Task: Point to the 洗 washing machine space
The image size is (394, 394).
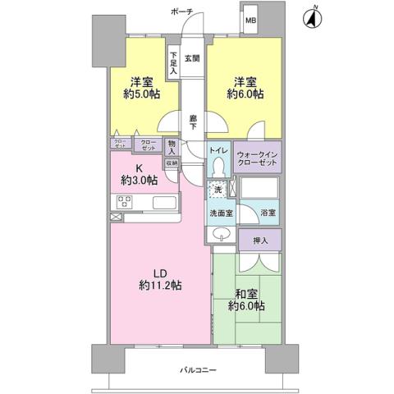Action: tap(217, 190)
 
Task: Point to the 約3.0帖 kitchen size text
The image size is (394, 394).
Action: tap(136, 180)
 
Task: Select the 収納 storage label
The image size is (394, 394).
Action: tap(172, 163)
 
